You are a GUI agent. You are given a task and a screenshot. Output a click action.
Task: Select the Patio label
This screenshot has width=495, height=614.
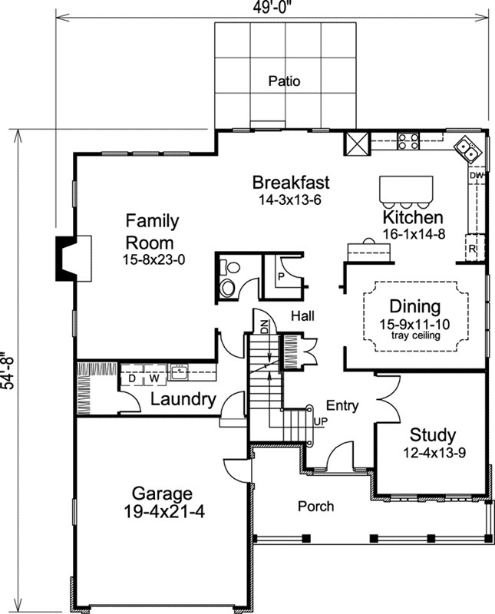[284, 81]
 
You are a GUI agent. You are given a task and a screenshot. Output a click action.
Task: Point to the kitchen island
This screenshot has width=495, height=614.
[406, 188]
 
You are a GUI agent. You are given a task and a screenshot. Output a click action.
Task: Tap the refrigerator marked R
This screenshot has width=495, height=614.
[474, 250]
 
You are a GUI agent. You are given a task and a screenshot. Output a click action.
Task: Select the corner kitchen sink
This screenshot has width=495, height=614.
[467, 150]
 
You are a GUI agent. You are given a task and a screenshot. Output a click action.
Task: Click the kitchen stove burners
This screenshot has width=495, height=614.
[408, 141]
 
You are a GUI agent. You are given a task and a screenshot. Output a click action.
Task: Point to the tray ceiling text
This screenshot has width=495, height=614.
[414, 335]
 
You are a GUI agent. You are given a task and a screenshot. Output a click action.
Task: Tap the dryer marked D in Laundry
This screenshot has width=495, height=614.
[131, 378]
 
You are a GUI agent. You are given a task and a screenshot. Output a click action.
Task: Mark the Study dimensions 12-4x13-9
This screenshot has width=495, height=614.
[434, 453]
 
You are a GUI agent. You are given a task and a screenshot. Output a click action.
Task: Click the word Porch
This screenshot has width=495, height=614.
[315, 506]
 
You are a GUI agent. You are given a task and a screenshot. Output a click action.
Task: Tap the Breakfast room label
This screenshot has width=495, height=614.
[291, 183]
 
